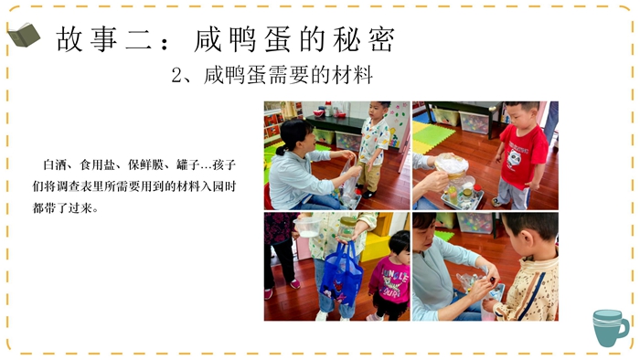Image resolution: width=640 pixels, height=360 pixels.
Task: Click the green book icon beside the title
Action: pos(24,35)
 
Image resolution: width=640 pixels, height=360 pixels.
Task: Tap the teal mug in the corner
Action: pos(610,328)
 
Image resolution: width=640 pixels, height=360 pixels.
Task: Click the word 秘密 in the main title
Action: pos(364,39)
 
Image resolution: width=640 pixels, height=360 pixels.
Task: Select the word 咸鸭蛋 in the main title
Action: pos(243,39)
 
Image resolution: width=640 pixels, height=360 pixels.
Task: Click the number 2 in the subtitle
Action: pos(176,76)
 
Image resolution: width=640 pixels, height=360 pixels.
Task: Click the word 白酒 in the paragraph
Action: pos(55,165)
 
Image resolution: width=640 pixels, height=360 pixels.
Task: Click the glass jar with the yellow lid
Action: pos(347,228)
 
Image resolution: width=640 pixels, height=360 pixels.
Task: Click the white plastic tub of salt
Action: pos(307,228)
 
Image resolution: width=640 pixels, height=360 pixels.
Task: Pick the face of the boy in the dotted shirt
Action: pos(377,110)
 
